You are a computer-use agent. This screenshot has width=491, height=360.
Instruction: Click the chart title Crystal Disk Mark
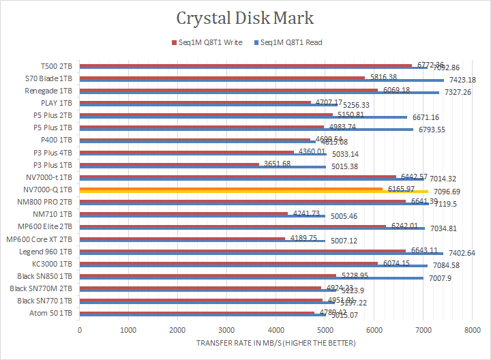tap(245, 18)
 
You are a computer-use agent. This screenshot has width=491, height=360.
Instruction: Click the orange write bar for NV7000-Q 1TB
tap(232, 188)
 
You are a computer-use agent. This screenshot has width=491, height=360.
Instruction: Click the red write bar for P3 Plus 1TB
tap(170, 164)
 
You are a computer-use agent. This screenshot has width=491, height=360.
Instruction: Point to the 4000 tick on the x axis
tap(276, 331)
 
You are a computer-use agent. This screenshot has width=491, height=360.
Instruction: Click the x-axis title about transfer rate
tap(276, 343)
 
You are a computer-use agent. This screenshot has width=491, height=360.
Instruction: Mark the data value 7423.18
tap(467, 80)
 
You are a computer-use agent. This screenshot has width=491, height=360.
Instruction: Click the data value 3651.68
tap(276, 164)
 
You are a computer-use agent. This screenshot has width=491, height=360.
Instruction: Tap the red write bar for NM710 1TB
tap(183, 213)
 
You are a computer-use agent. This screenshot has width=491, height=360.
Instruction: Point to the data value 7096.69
tap(451, 192)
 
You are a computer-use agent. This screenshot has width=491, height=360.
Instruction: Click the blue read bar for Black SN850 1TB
tap(252, 278)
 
